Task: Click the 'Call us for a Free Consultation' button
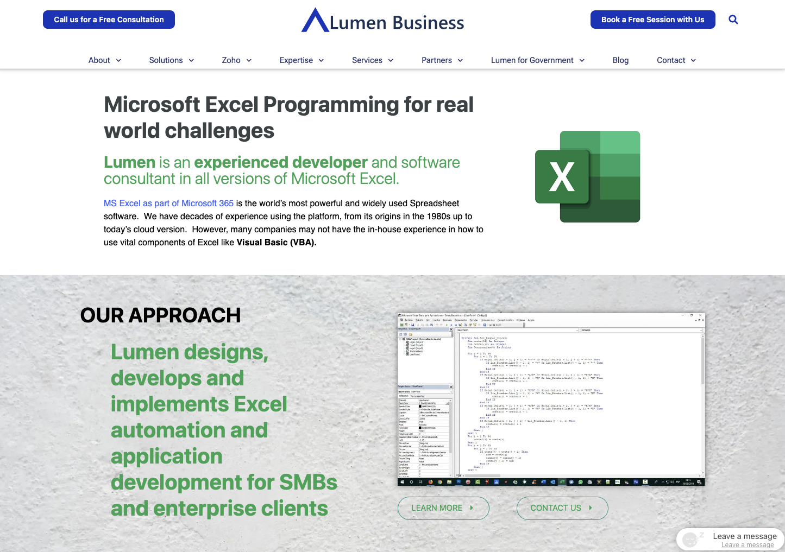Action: [x=109, y=20]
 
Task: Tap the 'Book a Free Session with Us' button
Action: [x=652, y=20]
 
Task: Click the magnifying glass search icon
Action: [x=733, y=20]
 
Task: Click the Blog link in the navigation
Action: [x=620, y=60]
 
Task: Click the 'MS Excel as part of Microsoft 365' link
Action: [x=168, y=203]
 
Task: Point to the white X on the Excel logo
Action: [x=562, y=177]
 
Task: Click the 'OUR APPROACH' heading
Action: [x=160, y=315]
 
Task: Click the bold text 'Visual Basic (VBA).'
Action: [x=277, y=243]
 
